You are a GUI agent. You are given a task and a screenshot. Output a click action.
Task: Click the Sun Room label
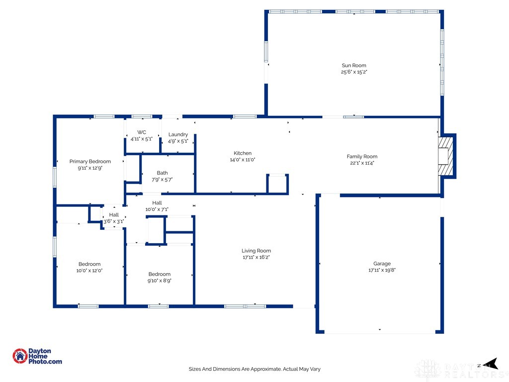pyautogui.click(x=353, y=66)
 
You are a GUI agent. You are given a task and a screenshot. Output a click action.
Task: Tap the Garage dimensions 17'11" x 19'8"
pyautogui.click(x=382, y=270)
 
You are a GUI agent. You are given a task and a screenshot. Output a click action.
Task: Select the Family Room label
pyautogui.click(x=362, y=157)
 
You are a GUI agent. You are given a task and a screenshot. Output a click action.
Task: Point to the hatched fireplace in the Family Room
pyautogui.click(x=446, y=156)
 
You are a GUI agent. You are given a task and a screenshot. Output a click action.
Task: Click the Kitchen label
pyautogui.click(x=243, y=153)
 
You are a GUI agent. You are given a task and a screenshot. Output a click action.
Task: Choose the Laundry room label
pyautogui.click(x=178, y=135)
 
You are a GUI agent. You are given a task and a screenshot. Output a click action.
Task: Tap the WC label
pyautogui.click(x=142, y=132)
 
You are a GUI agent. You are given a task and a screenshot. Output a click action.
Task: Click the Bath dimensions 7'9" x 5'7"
pyautogui.click(x=162, y=180)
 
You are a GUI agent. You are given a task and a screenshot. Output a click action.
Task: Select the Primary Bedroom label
pyautogui.click(x=90, y=162)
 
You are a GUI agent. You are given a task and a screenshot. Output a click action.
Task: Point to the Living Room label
pyautogui.click(x=256, y=251)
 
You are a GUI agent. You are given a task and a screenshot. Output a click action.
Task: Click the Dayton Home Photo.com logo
pyautogui.click(x=37, y=356)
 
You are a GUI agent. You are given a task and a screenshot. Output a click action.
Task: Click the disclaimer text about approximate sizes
pyautogui.click(x=254, y=369)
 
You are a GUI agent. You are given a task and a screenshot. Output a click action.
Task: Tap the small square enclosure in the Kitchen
pyautogui.click(x=277, y=184)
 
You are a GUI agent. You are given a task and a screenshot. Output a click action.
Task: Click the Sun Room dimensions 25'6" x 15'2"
pyautogui.click(x=353, y=72)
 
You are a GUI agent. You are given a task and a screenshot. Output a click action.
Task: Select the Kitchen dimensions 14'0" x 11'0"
pyautogui.click(x=243, y=160)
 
